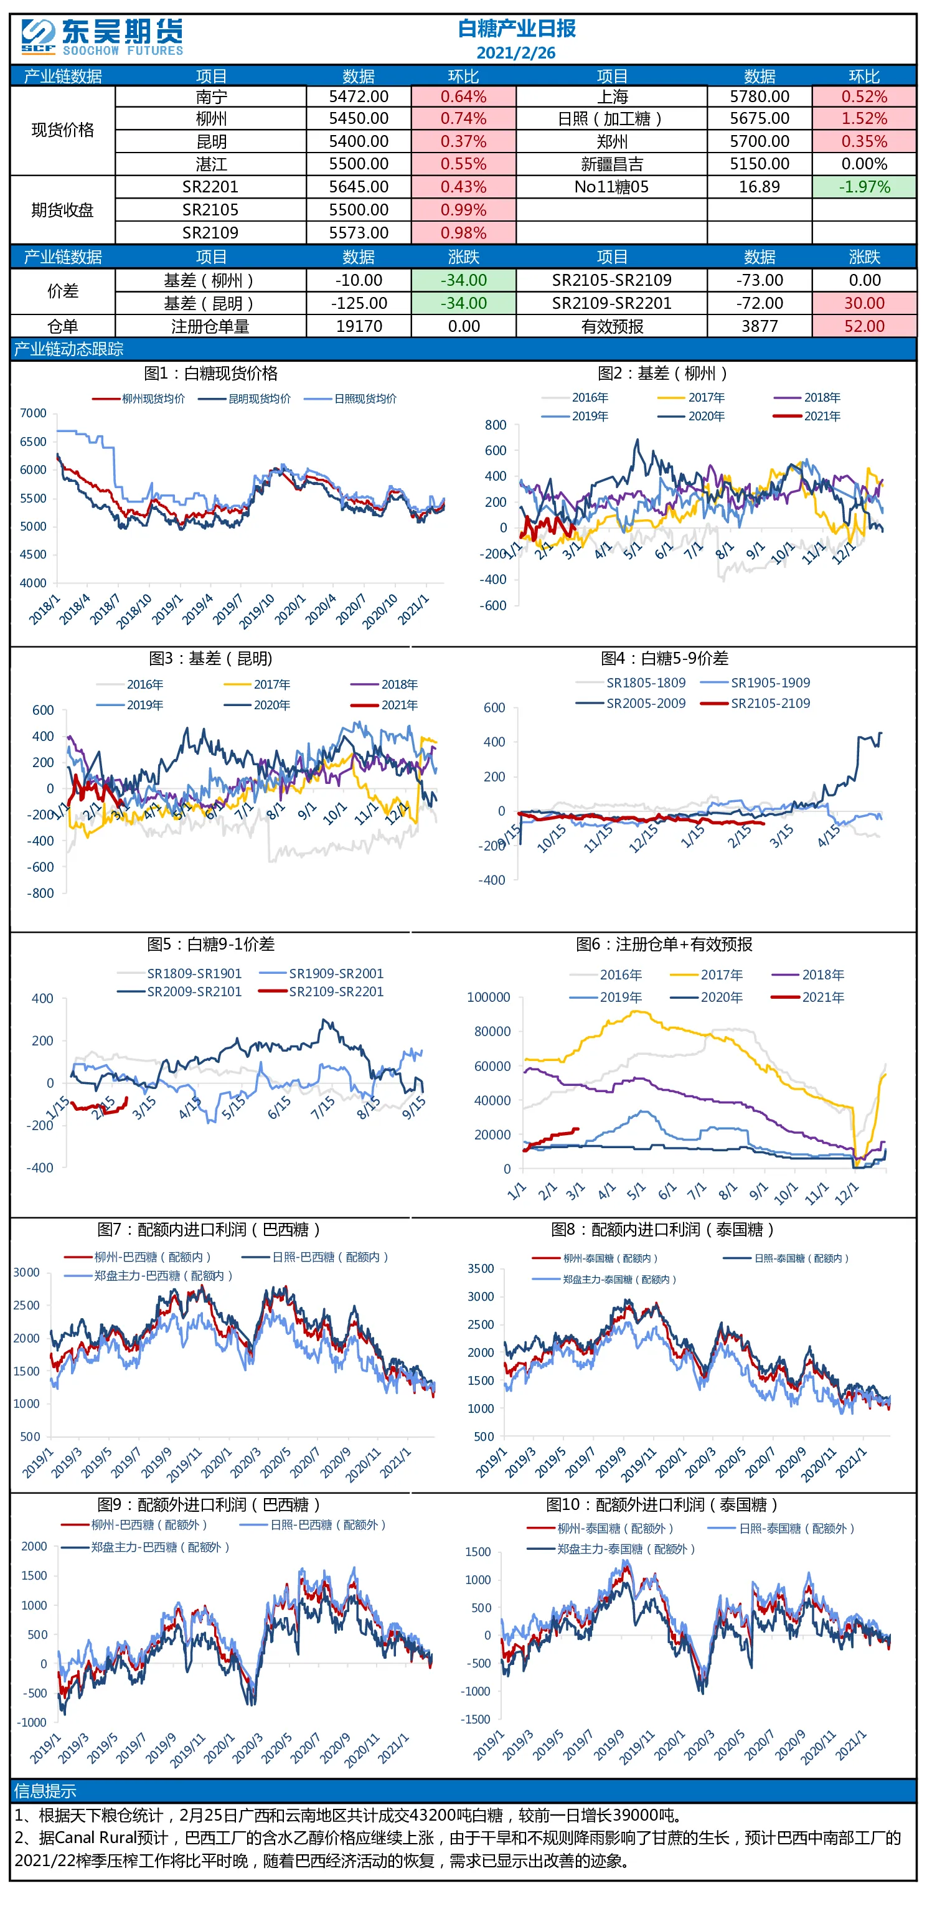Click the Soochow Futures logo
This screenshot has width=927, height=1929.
102,37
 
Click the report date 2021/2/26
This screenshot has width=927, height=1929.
516,52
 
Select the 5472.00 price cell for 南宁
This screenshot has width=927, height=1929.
359,97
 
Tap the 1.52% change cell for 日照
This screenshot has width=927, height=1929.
864,118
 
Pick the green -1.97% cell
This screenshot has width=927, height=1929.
864,186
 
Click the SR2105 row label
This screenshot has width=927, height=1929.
210,210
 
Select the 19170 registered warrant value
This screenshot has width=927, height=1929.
359,326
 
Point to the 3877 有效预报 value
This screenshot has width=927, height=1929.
760,326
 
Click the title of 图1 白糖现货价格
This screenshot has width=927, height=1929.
210,373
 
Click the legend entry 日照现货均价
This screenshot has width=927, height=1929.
365,399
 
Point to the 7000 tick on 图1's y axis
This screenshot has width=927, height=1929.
33,413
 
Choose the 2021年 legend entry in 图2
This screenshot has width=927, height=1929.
821,417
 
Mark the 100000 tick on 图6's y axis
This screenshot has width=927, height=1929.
488,997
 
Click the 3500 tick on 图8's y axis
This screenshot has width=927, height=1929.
481,1268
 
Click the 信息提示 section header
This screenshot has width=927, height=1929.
45,1791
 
